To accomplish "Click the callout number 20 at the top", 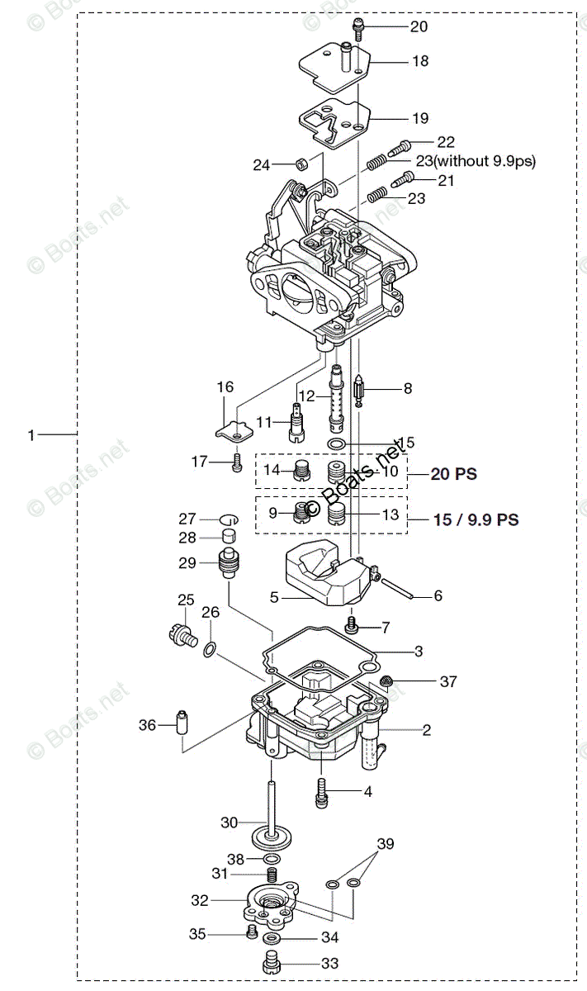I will (x=419, y=26).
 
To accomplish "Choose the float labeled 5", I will (x=322, y=579).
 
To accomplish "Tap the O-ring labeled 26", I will (x=211, y=652).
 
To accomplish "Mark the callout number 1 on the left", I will (x=31, y=434).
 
